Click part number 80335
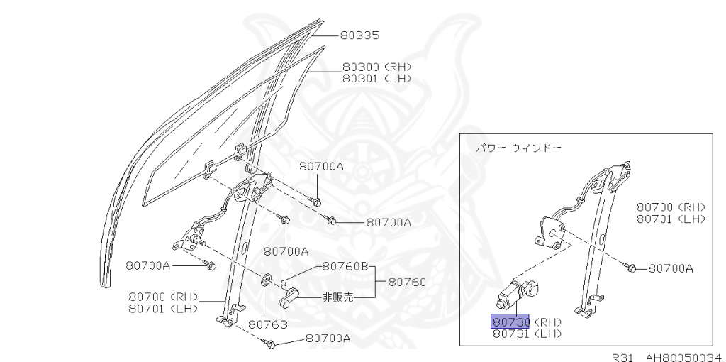pyautogui.click(x=361, y=35)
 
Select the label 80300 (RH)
pyautogui.click(x=376, y=67)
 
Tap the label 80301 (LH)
pyautogui.click(x=376, y=78)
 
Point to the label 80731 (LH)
pyautogui.click(x=527, y=333)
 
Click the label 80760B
pyautogui.click(x=345, y=267)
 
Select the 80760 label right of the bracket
pyautogui.click(x=407, y=282)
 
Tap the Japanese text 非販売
pyautogui.click(x=337, y=298)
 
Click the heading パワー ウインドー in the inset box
pyautogui.click(x=518, y=148)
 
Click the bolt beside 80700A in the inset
pyautogui.click(x=630, y=268)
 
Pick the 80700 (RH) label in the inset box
pyautogui.click(x=671, y=207)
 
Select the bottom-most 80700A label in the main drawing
pyautogui.click(x=328, y=339)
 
